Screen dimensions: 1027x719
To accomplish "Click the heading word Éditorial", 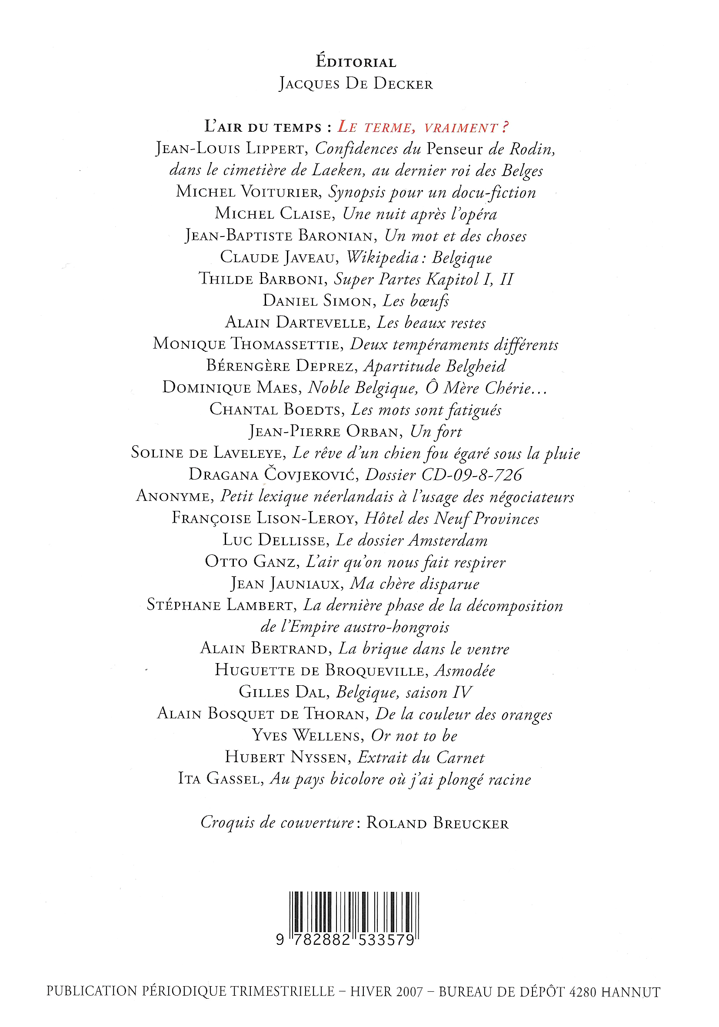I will tap(356, 62).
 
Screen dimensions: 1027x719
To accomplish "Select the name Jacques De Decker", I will tap(356, 83).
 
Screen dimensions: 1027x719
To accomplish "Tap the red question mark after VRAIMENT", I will tap(505, 127).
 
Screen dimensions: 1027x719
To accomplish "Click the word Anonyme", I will tap(173, 497).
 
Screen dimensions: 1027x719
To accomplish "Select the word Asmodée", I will tap(465, 670).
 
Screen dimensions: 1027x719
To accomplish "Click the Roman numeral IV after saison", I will tap(463, 692).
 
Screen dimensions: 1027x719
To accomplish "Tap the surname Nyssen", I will tap(319, 757).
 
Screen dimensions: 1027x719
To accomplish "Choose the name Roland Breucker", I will tap(437, 824).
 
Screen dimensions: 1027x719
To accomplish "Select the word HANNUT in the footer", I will tap(630, 992).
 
